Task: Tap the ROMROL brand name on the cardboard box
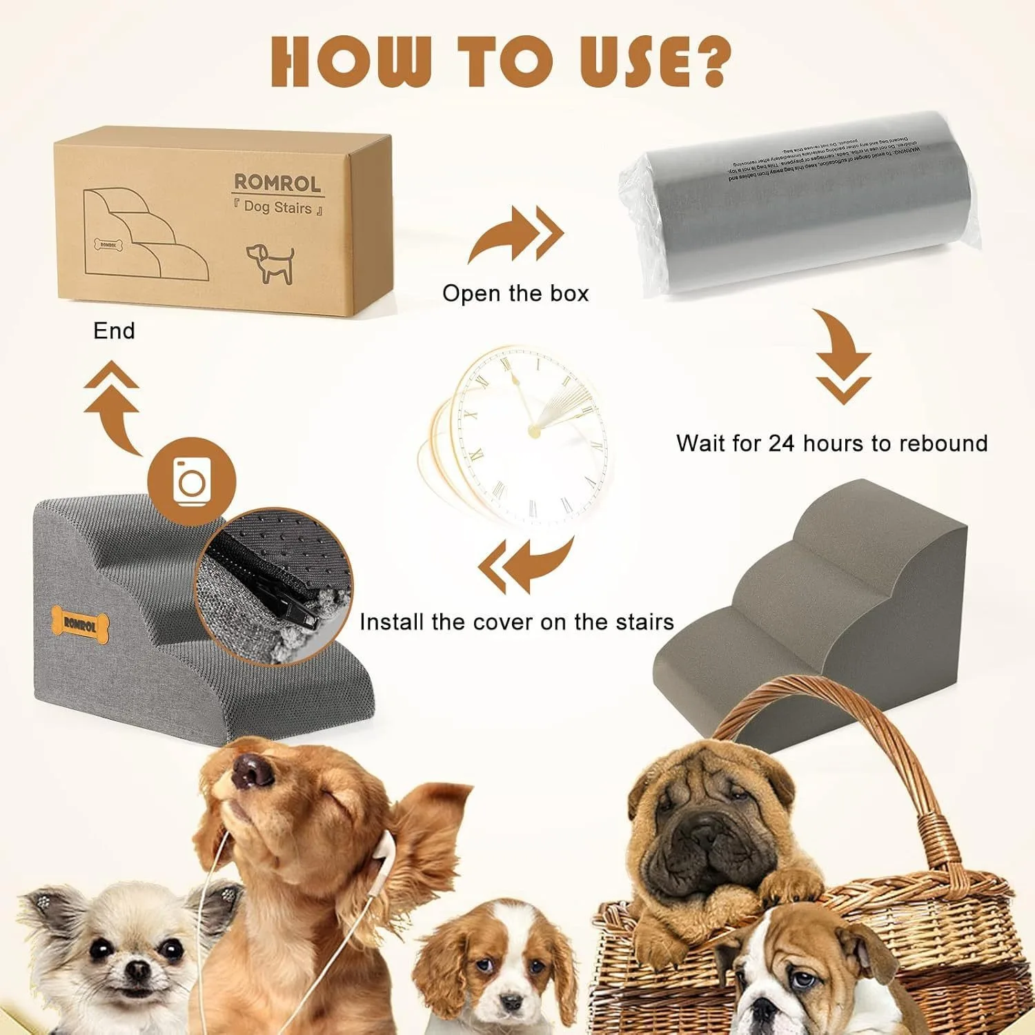click(277, 183)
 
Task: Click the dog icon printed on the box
click(270, 263)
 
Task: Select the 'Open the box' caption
click(515, 293)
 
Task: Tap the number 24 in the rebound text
click(782, 443)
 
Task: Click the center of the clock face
click(533, 431)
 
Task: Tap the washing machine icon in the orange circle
click(192, 480)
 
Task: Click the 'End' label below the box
click(114, 331)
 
